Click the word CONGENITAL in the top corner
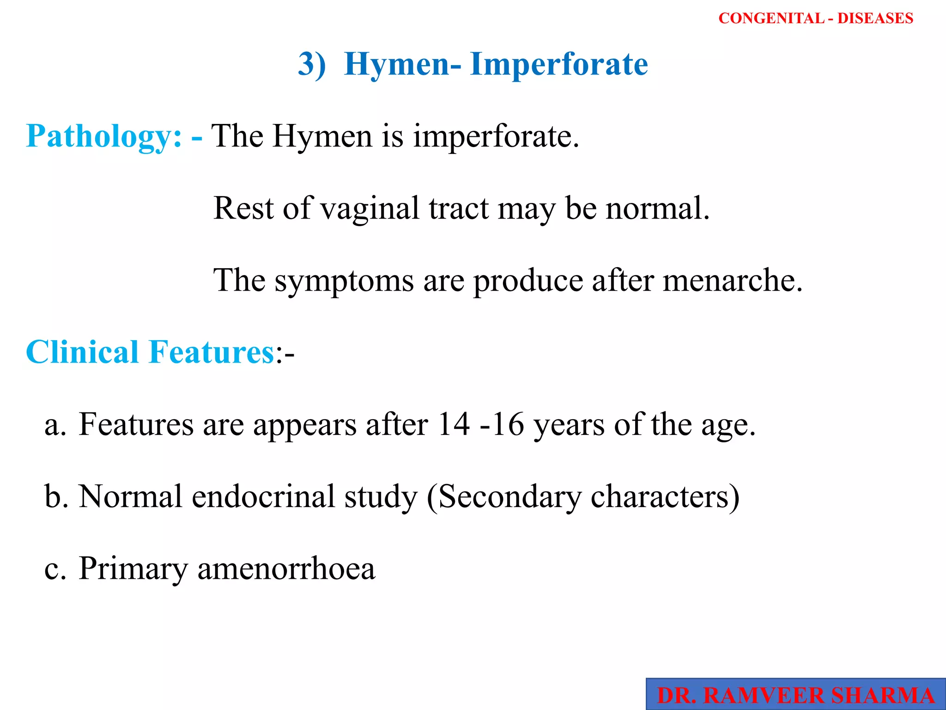coord(771,18)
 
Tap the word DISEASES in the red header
coord(875,18)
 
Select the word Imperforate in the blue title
coord(559,64)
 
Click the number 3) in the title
coord(312,64)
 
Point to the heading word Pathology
coord(104,136)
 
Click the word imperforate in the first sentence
coord(496,136)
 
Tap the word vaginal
coord(370,208)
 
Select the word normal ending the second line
coord(657,208)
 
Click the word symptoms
coord(344,281)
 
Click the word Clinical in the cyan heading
coord(83,352)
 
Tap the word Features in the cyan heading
coord(212,352)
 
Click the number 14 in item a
coord(454,424)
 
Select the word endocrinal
coord(263,496)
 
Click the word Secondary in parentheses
coord(510,496)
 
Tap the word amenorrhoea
coord(286,569)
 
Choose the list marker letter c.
coord(55,569)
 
